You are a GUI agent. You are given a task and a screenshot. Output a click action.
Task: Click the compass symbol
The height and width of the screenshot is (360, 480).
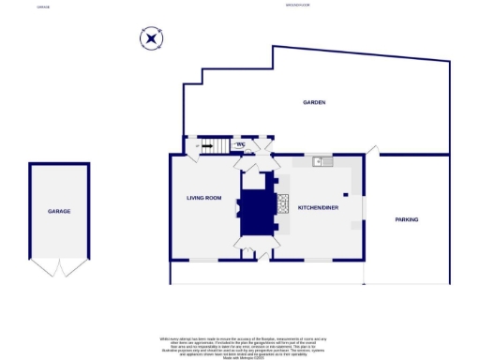(x=151, y=38)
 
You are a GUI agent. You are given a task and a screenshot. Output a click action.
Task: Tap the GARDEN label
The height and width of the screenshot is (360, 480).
(x=313, y=102)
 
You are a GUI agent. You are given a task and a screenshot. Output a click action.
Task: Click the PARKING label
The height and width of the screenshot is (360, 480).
(x=406, y=219)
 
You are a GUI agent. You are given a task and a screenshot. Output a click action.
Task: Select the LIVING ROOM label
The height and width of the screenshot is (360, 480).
(x=203, y=198)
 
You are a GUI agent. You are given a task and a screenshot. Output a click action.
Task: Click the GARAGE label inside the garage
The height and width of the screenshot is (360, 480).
(x=59, y=211)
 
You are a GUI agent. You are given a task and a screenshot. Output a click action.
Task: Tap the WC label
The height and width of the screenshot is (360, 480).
(x=240, y=144)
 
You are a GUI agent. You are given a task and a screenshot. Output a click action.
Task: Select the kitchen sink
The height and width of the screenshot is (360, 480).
(x=322, y=161)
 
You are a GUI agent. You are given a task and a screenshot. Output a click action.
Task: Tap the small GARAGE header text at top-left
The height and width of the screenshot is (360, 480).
(x=43, y=6)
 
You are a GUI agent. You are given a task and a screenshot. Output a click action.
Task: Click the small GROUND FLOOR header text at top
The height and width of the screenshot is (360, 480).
(x=298, y=6)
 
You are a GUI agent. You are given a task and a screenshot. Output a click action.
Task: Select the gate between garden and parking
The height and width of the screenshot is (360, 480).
(x=372, y=149)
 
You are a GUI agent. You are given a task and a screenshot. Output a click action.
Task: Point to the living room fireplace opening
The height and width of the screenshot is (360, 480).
(x=237, y=209)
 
